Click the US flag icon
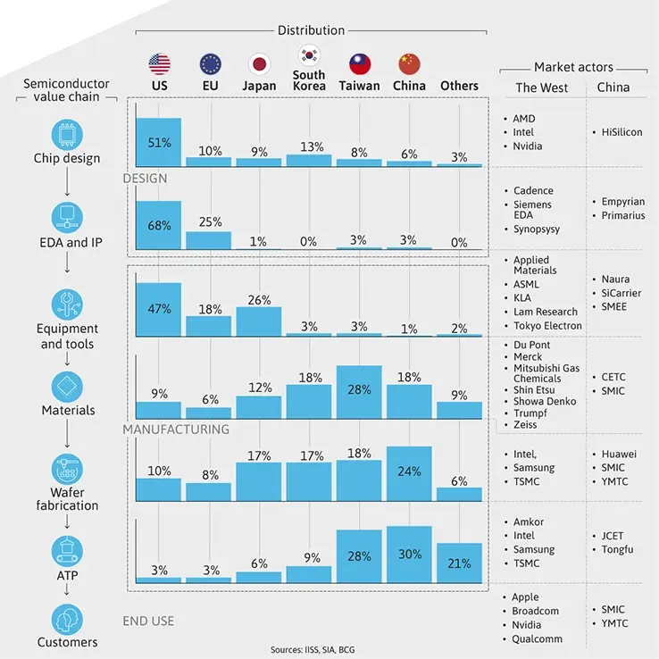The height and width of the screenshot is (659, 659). click(159, 63)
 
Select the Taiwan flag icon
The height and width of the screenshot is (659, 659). click(360, 63)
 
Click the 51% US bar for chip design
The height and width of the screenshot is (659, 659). click(159, 141)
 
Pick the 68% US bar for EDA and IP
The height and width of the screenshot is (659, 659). click(159, 225)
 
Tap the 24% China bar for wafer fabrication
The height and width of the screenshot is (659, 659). click(409, 473)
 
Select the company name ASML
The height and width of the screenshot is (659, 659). click(526, 284)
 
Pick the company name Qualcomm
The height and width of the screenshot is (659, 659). click(537, 638)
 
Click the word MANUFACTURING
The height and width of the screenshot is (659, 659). click(176, 430)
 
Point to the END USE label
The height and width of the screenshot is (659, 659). click(148, 621)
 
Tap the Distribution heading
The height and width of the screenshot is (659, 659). click(311, 30)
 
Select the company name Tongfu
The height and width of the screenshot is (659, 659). click(617, 549)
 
